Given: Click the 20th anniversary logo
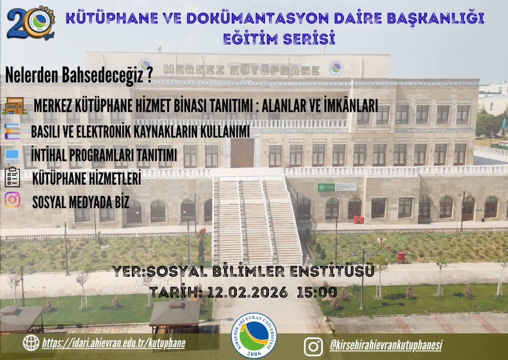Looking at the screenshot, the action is pyautogui.click(x=31, y=23).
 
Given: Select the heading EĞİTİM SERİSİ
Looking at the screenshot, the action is pyautogui.click(x=278, y=38).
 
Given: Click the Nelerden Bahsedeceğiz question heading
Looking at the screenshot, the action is pyautogui.click(x=79, y=75).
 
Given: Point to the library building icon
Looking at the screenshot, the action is pyautogui.click(x=14, y=106).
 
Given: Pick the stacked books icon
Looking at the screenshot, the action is pyautogui.click(x=12, y=131).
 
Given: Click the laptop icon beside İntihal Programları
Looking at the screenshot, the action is pyautogui.click(x=12, y=155).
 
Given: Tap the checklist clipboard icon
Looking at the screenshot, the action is pyautogui.click(x=12, y=177).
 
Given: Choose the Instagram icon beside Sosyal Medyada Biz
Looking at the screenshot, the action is pyautogui.click(x=12, y=200).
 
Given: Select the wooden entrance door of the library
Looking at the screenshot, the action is pyautogui.click(x=242, y=153).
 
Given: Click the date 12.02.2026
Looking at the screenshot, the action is pyautogui.click(x=247, y=292).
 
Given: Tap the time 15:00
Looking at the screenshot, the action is pyautogui.click(x=316, y=292).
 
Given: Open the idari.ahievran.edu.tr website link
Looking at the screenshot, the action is pyautogui.click(x=113, y=343).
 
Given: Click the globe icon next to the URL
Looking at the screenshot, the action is pyautogui.click(x=31, y=343).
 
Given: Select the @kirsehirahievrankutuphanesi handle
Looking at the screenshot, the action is pyautogui.click(x=386, y=345).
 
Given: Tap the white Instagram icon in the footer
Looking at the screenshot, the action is pyautogui.click(x=313, y=346).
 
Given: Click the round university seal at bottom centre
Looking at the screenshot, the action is pyautogui.click(x=254, y=336).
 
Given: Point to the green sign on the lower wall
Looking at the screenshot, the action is pyautogui.click(x=337, y=187).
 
